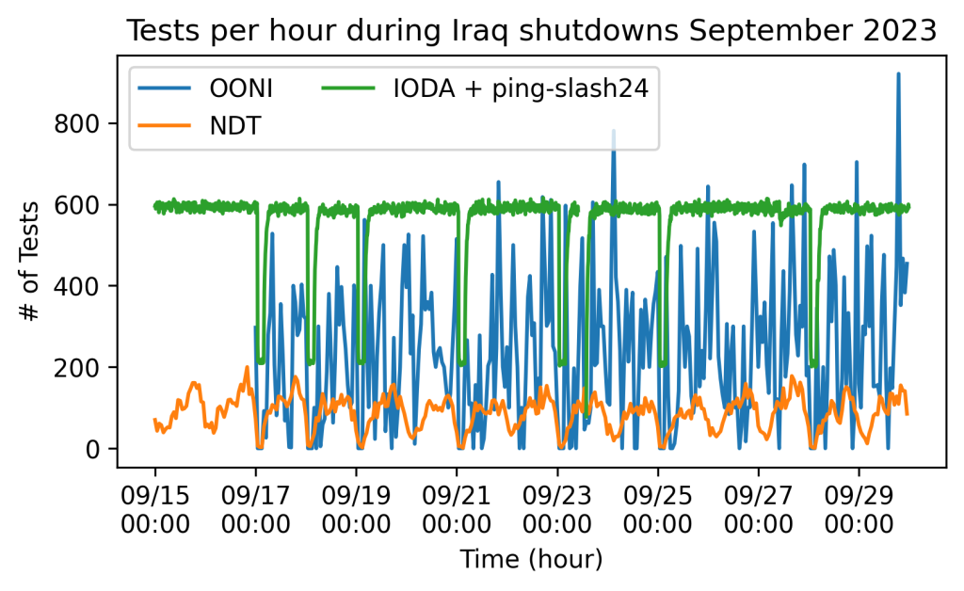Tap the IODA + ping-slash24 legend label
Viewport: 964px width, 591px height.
click(x=521, y=89)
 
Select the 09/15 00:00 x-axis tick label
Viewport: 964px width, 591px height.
click(x=155, y=504)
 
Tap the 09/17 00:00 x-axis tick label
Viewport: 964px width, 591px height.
click(x=255, y=504)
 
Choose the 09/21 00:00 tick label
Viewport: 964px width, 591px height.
click(x=457, y=504)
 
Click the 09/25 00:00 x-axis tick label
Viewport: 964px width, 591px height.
click(x=658, y=504)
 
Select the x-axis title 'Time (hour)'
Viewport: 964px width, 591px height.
click(x=531, y=560)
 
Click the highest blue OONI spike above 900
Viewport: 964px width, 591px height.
click(x=898, y=75)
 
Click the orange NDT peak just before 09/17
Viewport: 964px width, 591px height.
click(x=248, y=368)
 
